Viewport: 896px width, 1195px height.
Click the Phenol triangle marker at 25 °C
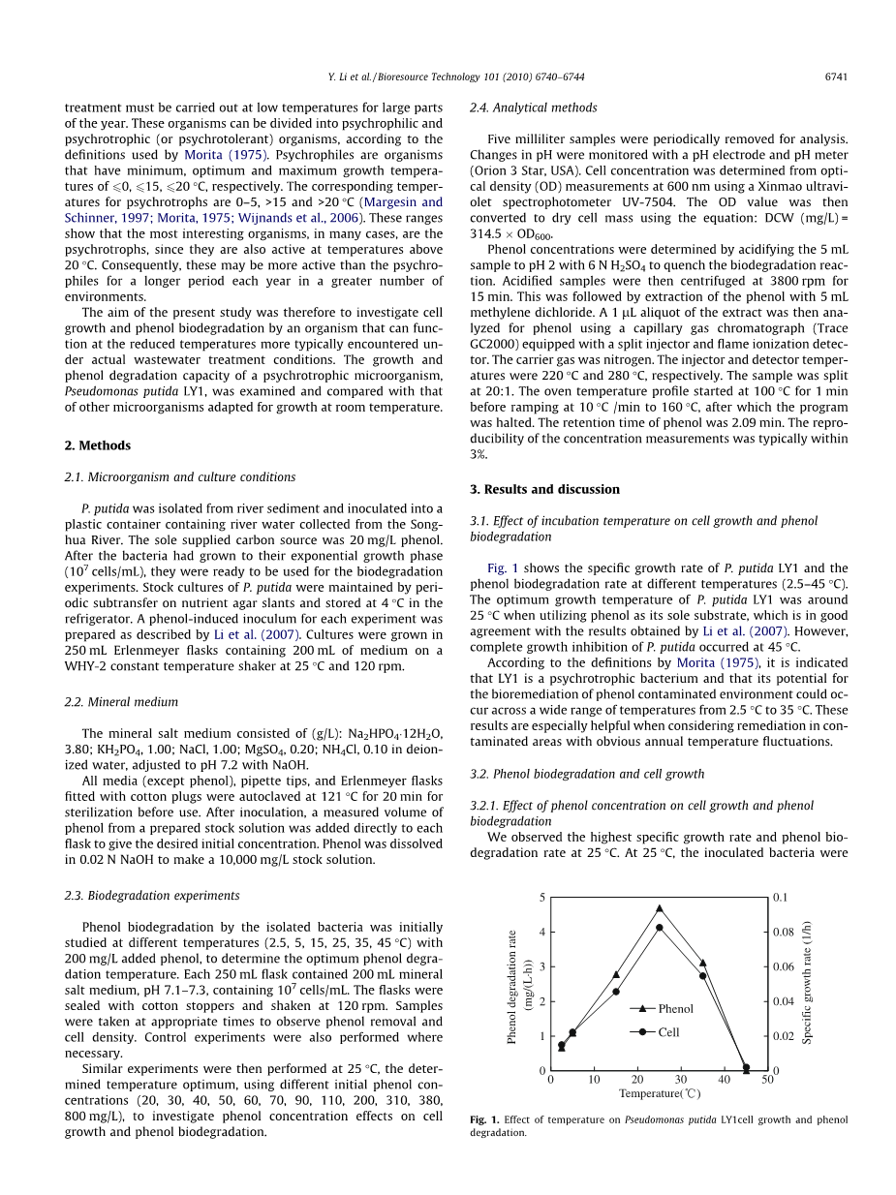pyautogui.click(x=660, y=908)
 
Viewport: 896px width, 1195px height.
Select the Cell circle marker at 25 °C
pyautogui.click(x=660, y=928)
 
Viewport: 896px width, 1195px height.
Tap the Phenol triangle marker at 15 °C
pyautogui.click(x=616, y=974)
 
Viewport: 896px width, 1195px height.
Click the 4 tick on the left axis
pyautogui.click(x=542, y=932)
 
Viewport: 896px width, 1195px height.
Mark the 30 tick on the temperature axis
pyautogui.click(x=681, y=1079)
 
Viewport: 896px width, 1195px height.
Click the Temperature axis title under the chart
pyautogui.click(x=660, y=1093)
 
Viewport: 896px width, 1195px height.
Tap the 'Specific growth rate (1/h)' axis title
pyautogui.click(x=807, y=982)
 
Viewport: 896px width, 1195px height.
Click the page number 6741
pyautogui.click(x=836, y=77)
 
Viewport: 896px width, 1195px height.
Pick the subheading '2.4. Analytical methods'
pyautogui.click(x=533, y=108)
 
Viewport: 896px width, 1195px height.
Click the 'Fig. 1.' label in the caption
pyautogui.click(x=484, y=1119)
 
